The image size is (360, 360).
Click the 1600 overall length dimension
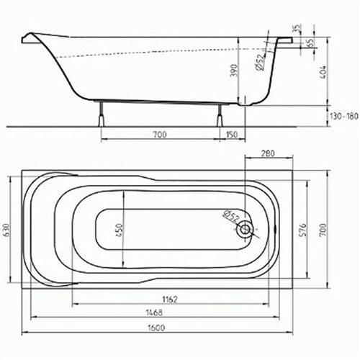tap(156, 328)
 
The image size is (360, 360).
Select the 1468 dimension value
tap(154, 312)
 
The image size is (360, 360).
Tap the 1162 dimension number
tap(170, 300)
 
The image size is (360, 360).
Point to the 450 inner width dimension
tap(120, 230)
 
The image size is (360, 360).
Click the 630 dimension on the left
tap(6, 230)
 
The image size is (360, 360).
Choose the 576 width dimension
tap(304, 230)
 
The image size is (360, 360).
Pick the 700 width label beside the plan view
tap(323, 230)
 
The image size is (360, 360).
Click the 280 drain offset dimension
tap(268, 153)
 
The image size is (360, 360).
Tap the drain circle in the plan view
tap(245, 230)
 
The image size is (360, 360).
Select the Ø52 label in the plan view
tap(231, 216)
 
